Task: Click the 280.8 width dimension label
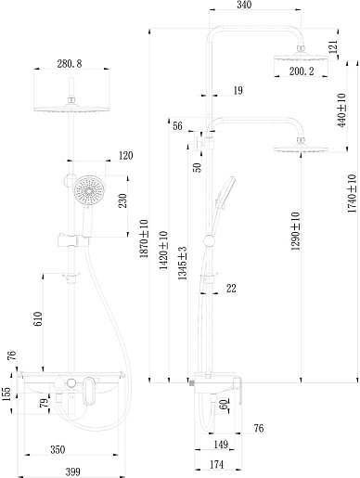[70, 64]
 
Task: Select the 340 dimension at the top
[244, 5]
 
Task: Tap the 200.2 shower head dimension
[302, 71]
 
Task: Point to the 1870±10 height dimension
[144, 239]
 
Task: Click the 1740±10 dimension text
[352, 193]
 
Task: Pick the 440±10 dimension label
[341, 110]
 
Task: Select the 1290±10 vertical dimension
[295, 231]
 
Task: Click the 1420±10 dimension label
[163, 250]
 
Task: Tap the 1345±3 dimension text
[183, 264]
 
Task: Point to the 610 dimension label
[38, 318]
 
